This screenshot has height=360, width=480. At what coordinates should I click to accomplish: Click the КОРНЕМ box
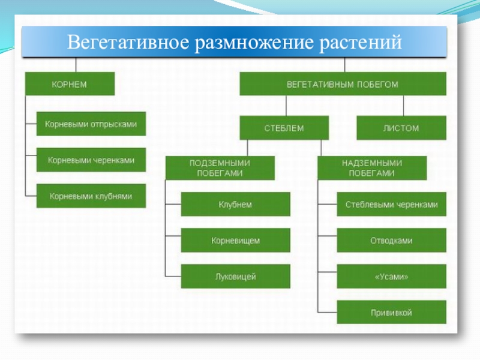pyautogui.click(x=70, y=84)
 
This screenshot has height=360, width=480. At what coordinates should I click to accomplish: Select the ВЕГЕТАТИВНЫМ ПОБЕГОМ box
pyautogui.click(x=343, y=84)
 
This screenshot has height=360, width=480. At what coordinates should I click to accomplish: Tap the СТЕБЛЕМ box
pyautogui.click(x=284, y=128)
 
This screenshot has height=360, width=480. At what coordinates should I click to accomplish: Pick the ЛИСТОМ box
pyautogui.click(x=401, y=128)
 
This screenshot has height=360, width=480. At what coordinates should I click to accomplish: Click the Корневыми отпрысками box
pyautogui.click(x=91, y=124)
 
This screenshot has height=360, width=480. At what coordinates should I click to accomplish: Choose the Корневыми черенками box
pyautogui.click(x=91, y=160)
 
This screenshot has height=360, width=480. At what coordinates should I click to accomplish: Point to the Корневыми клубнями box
pyautogui.click(x=91, y=196)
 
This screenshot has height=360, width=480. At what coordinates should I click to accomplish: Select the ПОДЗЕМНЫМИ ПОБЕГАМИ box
pyautogui.click(x=220, y=168)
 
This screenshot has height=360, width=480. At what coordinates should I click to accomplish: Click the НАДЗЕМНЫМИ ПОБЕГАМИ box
pyautogui.click(x=372, y=168)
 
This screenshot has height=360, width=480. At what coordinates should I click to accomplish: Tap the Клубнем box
pyautogui.click(x=235, y=205)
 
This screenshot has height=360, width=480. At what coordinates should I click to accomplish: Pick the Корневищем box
pyautogui.click(x=235, y=241)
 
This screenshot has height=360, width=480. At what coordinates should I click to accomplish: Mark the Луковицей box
pyautogui.click(x=235, y=277)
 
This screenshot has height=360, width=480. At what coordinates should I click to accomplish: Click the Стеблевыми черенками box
pyautogui.click(x=391, y=205)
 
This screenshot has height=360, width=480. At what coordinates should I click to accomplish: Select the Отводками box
pyautogui.click(x=391, y=241)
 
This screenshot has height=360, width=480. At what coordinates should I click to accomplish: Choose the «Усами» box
pyautogui.click(x=391, y=277)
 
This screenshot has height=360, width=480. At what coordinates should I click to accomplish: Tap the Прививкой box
pyautogui.click(x=391, y=313)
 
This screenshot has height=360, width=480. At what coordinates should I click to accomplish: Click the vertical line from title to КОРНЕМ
pyautogui.click(x=75, y=65)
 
